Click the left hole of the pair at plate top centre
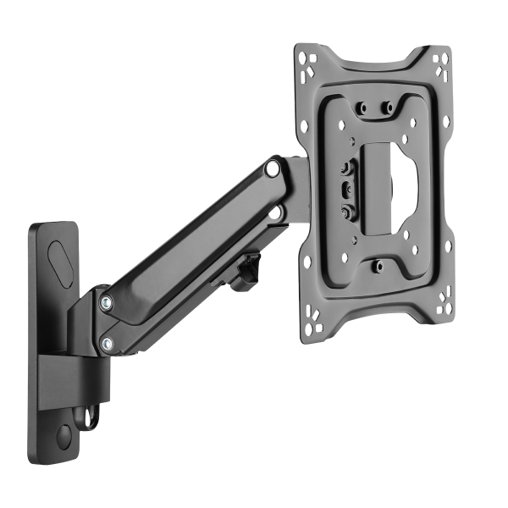[x=362, y=108]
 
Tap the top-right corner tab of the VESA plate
[x=439, y=63]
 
